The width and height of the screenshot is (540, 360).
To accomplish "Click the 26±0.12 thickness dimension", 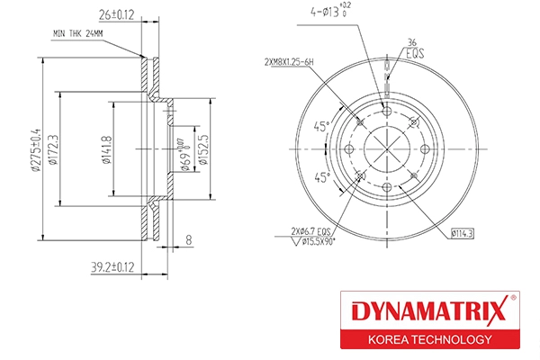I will point(116,15).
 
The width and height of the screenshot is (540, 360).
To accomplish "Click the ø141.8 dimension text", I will point(108,150).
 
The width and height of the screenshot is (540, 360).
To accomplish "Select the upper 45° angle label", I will point(321,126).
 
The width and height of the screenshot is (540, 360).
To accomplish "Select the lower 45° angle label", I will point(321,177).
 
